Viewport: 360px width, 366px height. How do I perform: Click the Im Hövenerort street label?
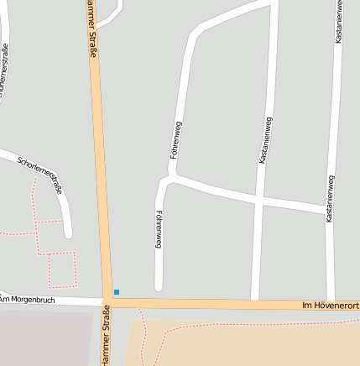(330, 306)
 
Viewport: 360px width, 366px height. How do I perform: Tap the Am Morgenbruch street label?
(27, 299)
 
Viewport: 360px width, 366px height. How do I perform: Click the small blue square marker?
(117, 292)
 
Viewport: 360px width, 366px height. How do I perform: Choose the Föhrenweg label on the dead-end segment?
(158, 229)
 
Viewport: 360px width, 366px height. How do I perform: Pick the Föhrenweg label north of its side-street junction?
(176, 141)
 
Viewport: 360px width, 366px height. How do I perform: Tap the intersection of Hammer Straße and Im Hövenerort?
(108, 301)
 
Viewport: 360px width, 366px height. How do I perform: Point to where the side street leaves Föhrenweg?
(172, 177)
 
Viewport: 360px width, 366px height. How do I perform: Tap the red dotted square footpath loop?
(61, 269)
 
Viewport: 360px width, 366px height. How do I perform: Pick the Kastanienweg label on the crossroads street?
(265, 139)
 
